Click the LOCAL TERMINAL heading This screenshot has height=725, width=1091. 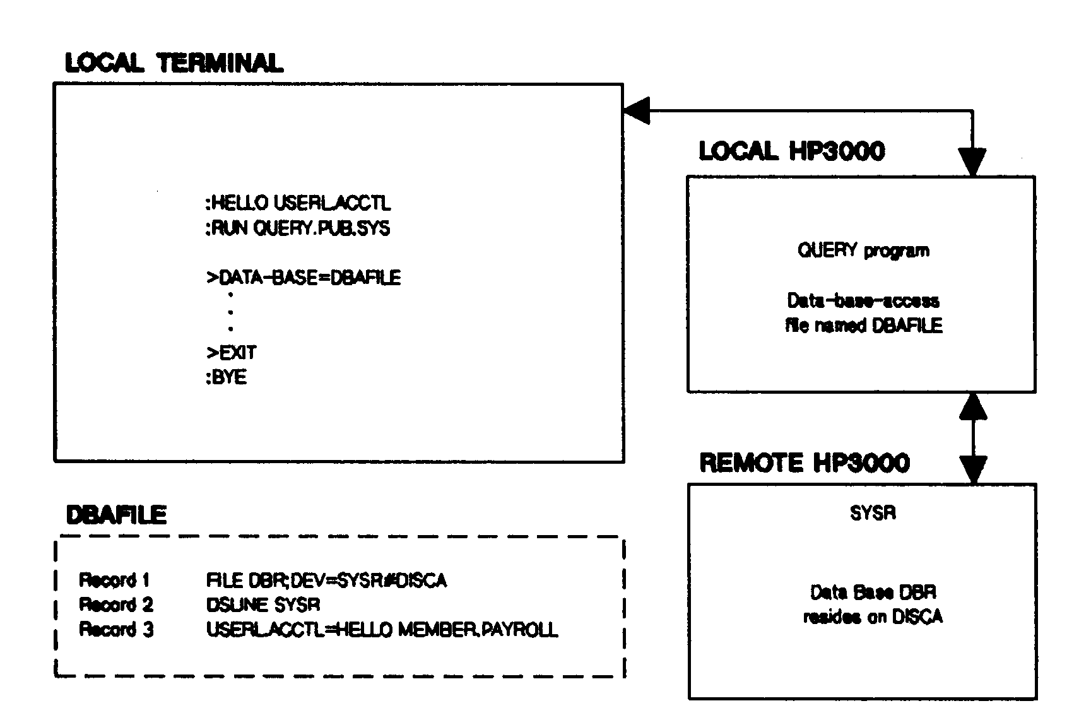[174, 63]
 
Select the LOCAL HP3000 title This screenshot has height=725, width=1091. [791, 151]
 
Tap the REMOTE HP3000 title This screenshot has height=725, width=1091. [805, 463]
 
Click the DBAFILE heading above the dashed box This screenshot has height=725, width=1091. [116, 516]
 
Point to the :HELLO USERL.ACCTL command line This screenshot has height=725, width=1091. [298, 203]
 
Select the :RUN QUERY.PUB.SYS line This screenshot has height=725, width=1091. [298, 228]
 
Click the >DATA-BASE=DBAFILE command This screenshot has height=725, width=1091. [304, 278]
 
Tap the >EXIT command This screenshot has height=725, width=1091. [232, 353]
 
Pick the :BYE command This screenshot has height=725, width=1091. [226, 377]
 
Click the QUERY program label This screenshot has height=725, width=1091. [863, 251]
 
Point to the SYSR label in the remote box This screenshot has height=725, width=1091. [873, 513]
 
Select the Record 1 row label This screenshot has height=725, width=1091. [114, 580]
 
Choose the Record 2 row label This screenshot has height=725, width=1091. [116, 604]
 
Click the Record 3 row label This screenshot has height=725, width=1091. [116, 630]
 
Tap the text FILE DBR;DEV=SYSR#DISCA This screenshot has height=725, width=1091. [326, 580]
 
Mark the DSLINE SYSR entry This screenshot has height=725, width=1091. [263, 604]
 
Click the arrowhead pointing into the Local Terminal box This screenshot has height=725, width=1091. [635, 112]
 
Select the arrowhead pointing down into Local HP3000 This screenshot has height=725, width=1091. [972, 163]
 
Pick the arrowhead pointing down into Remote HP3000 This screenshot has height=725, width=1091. [974, 470]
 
